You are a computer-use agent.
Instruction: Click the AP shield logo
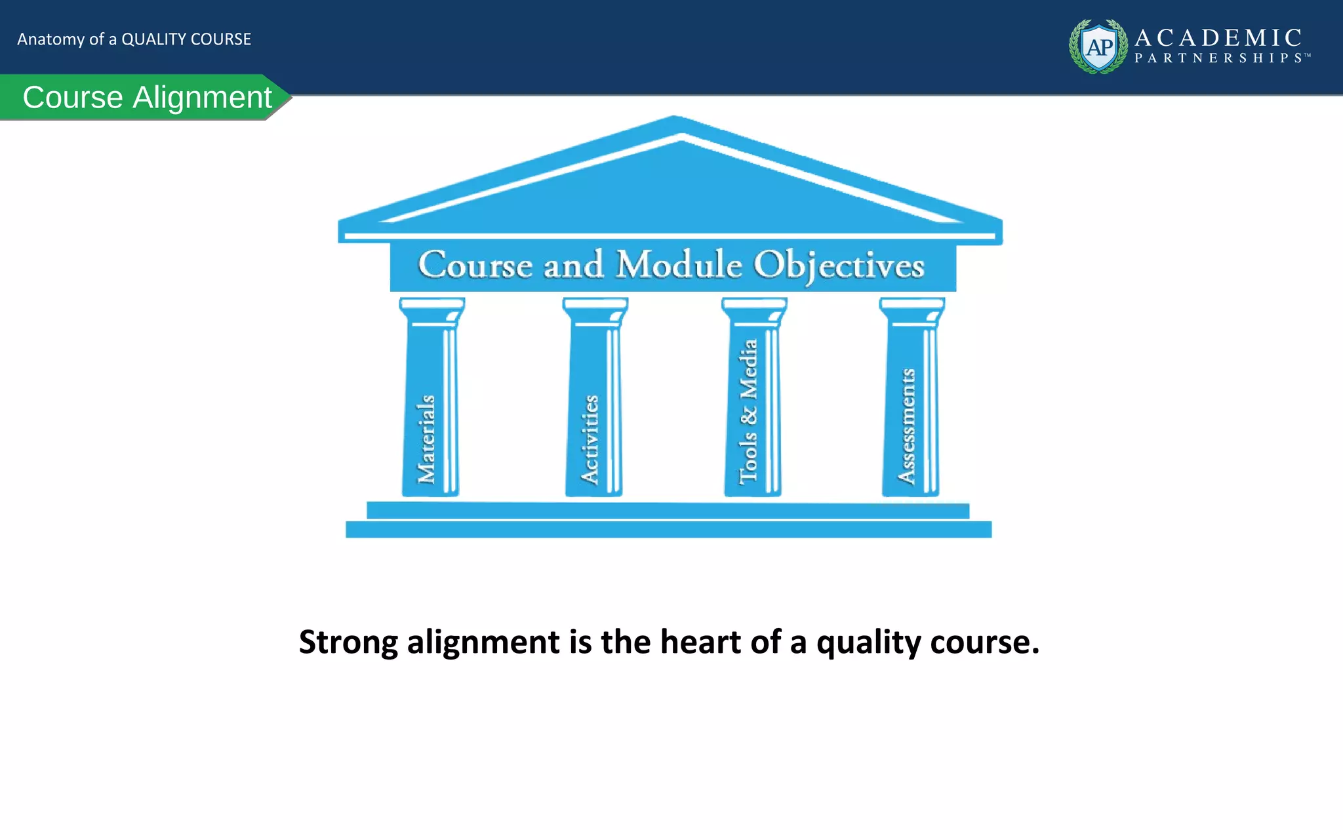(1099, 47)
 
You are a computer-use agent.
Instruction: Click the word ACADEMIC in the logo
(1218, 37)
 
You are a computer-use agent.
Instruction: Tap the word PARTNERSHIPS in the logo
(1222, 58)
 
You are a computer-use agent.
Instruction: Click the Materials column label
(426, 439)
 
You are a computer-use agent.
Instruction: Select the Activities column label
(590, 439)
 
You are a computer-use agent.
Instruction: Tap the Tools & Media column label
(748, 412)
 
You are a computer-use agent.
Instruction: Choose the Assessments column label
(907, 426)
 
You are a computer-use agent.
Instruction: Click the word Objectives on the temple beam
(839, 266)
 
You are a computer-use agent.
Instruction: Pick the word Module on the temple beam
(679, 265)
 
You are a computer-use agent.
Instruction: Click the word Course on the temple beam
(475, 265)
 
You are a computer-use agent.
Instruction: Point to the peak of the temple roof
(675, 119)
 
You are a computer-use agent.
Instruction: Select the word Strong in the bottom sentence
(348, 642)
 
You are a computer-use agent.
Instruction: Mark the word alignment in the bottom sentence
(483, 642)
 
